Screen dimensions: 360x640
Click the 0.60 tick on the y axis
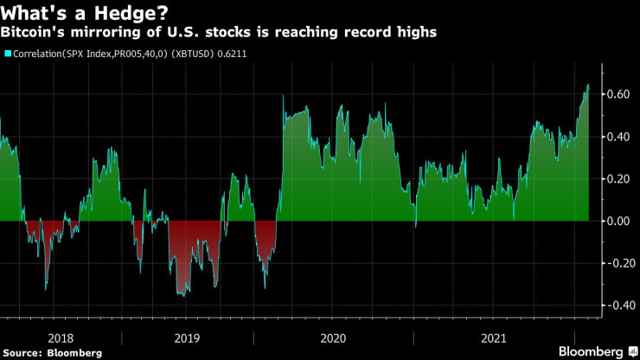point(617,93)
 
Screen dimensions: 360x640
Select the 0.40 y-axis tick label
point(617,136)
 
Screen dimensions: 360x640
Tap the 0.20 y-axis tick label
point(617,178)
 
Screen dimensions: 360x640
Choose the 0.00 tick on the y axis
point(617,221)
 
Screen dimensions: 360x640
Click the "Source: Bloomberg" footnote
point(53,352)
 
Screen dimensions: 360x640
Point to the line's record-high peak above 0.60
point(588,85)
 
